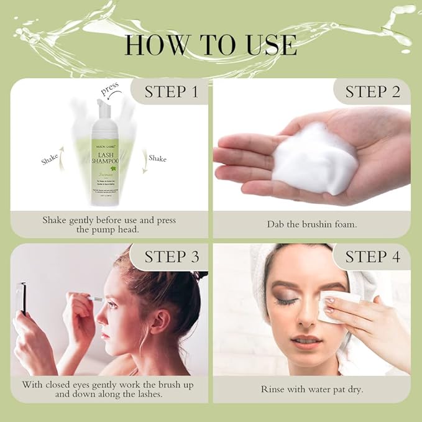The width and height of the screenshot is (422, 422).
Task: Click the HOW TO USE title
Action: [x=211, y=45]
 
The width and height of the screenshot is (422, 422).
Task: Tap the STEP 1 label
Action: [x=171, y=92]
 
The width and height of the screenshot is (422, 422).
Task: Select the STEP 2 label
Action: [x=372, y=92]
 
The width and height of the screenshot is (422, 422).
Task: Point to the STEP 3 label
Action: [x=171, y=257]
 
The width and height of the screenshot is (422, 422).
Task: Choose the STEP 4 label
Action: [x=372, y=257]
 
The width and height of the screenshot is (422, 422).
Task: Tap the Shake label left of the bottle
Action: [x=49, y=159]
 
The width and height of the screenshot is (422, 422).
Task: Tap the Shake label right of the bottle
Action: [x=157, y=158]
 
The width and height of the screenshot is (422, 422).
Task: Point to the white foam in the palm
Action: [x=314, y=159]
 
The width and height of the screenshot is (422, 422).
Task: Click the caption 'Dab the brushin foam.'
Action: [x=311, y=224]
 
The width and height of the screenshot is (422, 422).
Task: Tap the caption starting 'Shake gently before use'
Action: [x=109, y=225]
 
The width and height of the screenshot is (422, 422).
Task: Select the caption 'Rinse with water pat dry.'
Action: [x=311, y=390]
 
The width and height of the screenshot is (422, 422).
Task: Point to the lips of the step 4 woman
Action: [x=306, y=341]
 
